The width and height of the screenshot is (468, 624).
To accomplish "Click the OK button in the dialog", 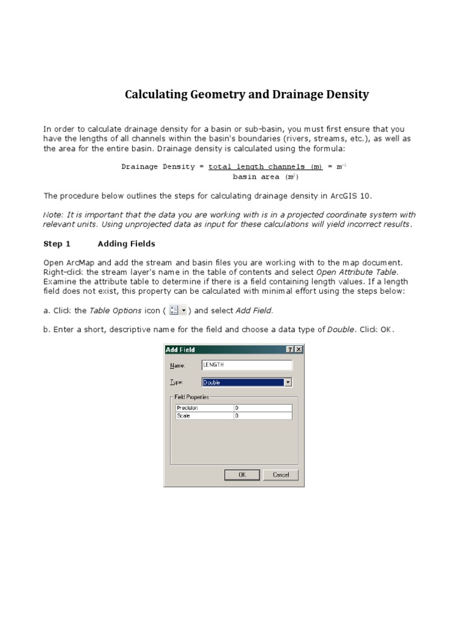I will click(x=242, y=475).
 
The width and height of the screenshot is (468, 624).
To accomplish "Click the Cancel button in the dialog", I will click(x=281, y=475).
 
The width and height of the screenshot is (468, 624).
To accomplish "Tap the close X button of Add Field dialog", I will click(x=298, y=350).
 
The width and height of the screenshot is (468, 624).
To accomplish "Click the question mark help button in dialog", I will click(x=290, y=350).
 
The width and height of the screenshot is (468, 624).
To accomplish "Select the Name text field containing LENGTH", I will click(x=247, y=365).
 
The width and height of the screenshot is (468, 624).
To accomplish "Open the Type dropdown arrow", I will click(x=288, y=383).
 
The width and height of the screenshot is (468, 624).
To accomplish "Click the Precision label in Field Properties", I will click(x=188, y=408).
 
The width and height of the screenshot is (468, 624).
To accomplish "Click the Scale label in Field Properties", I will click(x=183, y=416).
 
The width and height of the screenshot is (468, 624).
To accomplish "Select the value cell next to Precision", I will click(x=263, y=408).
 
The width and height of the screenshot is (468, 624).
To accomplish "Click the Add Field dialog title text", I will click(x=181, y=350).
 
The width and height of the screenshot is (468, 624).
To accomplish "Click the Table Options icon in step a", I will click(x=177, y=311).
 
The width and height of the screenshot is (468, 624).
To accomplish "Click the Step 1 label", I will click(x=57, y=244).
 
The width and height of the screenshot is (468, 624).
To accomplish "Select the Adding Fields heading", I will click(x=126, y=244).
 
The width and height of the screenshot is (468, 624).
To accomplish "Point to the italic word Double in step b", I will click(x=341, y=330).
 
